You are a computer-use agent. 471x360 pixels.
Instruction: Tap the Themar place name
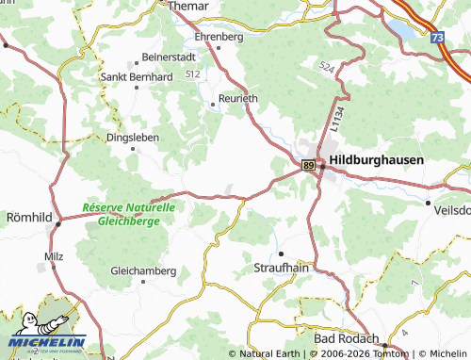[188, 6]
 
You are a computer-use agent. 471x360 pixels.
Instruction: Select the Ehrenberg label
[219, 37]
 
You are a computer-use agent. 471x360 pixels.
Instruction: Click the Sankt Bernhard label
[137, 77]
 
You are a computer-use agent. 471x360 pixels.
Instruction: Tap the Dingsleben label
[132, 137]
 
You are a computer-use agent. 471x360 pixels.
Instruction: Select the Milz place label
[53, 256]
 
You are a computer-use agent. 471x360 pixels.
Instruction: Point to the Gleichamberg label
[143, 270]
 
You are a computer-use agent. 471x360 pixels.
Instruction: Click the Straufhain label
[282, 268]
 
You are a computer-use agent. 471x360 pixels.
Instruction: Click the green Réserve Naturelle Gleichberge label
[128, 214]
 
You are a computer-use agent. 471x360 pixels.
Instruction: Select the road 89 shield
[309, 165]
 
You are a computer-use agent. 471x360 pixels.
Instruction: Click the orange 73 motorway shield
[437, 38]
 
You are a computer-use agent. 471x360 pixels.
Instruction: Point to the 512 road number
[193, 73]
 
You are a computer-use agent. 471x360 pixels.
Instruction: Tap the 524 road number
[326, 68]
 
